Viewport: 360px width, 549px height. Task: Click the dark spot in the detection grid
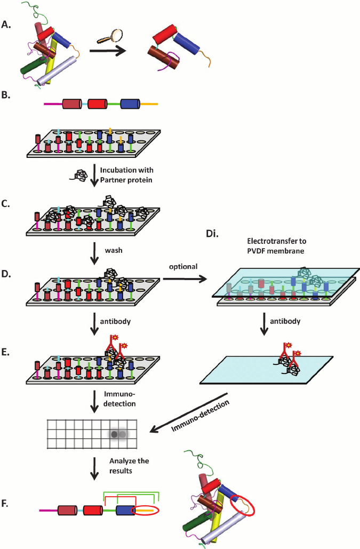114,434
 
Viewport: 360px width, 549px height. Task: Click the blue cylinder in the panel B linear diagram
130,104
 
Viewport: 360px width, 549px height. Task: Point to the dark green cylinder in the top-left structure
31,67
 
